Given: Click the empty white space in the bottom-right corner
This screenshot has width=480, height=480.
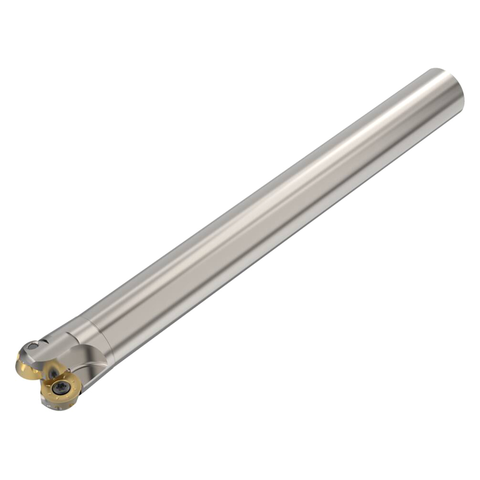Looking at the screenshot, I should pyautogui.click(x=442, y=442).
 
